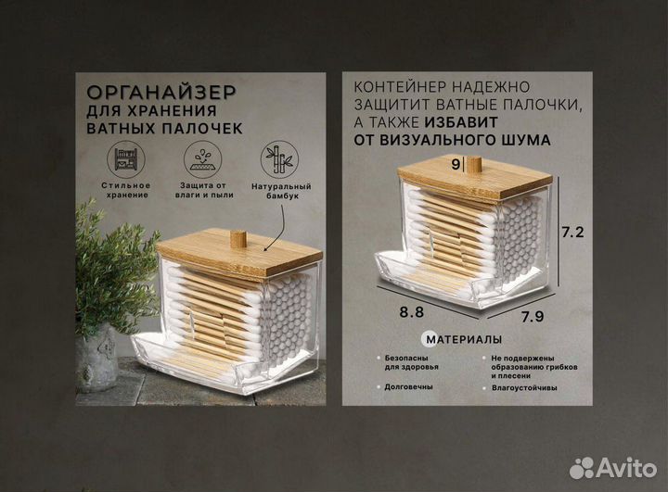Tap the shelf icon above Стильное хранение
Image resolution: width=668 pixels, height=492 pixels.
(x=125, y=159)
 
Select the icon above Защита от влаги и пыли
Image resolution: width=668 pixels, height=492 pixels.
(x=199, y=159)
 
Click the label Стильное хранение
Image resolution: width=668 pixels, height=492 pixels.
(x=126, y=192)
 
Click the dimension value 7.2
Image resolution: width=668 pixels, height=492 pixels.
(x=572, y=232)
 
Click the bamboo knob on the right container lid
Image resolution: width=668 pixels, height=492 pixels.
(x=474, y=166)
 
